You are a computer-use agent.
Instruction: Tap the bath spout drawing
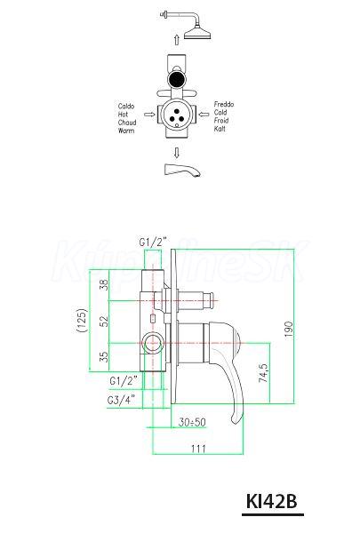(182, 170)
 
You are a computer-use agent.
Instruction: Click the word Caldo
(126, 107)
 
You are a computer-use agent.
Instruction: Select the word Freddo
(223, 104)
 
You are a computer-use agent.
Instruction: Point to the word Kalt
(220, 129)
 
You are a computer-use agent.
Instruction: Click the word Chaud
(127, 123)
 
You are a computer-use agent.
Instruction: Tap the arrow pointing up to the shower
(176, 39)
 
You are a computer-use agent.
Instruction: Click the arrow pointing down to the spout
(176, 153)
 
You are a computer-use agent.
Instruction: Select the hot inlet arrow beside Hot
(149, 115)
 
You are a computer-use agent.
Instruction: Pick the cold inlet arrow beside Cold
(204, 115)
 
